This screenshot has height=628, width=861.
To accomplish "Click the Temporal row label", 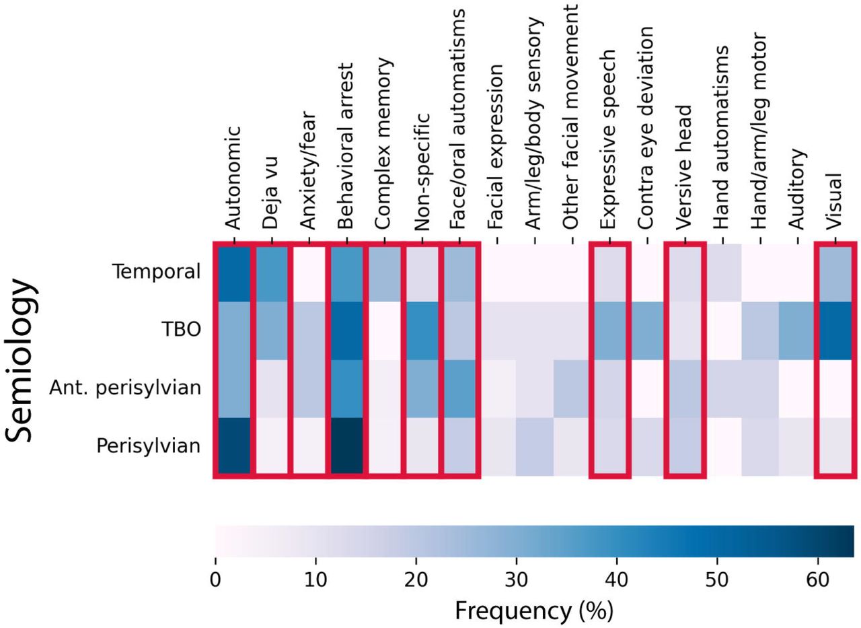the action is pos(157,272).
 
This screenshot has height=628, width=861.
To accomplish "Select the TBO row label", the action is pos(182,330).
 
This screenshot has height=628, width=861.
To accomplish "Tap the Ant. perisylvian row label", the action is pos(125,388).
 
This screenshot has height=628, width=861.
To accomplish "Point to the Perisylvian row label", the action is pos(149,446).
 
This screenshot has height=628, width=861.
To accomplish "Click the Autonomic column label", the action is pos(233,178).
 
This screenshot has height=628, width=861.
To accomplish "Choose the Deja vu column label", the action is pos(270,193).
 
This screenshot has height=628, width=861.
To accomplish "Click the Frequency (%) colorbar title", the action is pos(534,610).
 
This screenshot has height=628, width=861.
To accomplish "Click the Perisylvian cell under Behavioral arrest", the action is pos(346,446).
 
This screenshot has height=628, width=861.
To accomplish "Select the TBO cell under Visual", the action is pos(835,330).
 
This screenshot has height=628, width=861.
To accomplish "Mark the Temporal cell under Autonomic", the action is pos(234,273).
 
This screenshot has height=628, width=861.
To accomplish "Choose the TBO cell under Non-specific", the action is pos(422,330).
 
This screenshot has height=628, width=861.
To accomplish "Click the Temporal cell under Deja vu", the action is pos(272,273).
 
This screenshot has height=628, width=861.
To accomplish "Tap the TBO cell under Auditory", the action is pos(797,330).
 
